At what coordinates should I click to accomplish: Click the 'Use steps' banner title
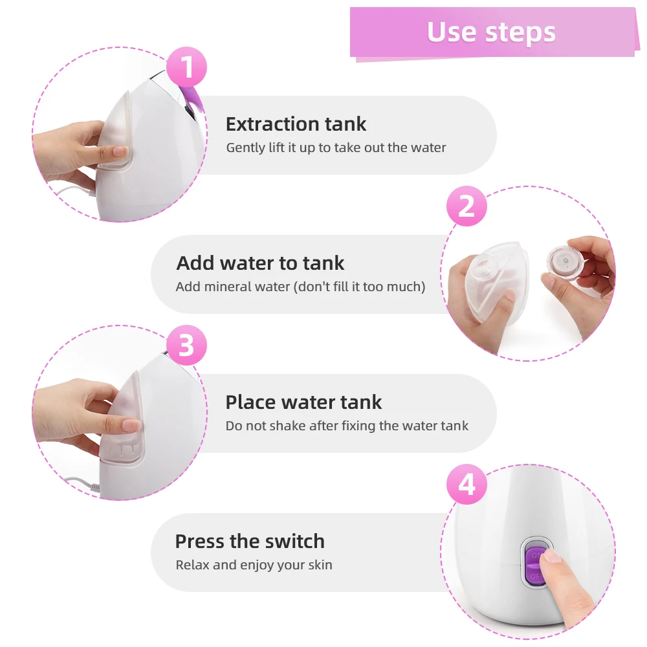491,32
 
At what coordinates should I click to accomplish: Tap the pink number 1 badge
186,67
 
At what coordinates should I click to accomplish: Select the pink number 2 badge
466,206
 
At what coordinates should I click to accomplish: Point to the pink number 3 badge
186,345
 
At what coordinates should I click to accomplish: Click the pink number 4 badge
466,484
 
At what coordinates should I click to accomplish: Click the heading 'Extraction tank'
296,124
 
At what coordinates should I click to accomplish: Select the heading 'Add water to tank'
260,263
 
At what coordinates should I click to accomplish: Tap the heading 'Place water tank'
303,402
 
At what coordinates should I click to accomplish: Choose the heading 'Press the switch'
250,541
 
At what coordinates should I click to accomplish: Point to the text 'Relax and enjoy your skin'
254,565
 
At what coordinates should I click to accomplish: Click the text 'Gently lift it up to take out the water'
336,148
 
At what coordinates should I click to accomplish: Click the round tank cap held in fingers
565,263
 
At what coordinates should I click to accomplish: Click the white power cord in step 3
81,483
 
